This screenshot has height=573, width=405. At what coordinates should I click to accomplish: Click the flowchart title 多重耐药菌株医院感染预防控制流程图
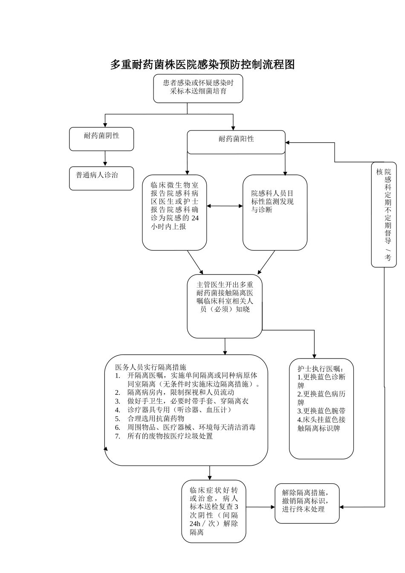202,65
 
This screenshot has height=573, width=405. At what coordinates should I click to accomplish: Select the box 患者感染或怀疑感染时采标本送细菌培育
198,88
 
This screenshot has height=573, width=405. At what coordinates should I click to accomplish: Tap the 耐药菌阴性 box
101,139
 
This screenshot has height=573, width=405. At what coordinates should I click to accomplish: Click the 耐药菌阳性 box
236,142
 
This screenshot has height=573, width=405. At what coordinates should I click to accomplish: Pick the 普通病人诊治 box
101,178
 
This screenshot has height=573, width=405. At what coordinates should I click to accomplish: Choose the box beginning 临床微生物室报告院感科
174,212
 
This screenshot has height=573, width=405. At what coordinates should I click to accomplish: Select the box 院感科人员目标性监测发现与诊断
275,212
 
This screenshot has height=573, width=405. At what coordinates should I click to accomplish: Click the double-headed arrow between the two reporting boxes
225,206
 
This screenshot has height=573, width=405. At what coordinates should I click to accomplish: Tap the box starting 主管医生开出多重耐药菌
225,306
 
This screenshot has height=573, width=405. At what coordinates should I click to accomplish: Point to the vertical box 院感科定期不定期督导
384,214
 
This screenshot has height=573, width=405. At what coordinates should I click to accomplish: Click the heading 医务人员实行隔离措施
150,367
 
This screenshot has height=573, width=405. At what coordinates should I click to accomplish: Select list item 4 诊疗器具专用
179,410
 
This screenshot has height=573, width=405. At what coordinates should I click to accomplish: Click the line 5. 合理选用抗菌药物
156,419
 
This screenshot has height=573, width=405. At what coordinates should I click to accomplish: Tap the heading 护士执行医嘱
320,369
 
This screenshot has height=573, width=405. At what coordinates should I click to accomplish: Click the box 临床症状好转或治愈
214,511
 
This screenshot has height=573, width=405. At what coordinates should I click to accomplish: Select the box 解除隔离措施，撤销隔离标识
307,503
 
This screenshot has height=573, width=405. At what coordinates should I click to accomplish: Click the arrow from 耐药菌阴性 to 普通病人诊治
105,159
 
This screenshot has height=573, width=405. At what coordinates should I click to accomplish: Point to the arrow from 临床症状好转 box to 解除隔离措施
260,507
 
